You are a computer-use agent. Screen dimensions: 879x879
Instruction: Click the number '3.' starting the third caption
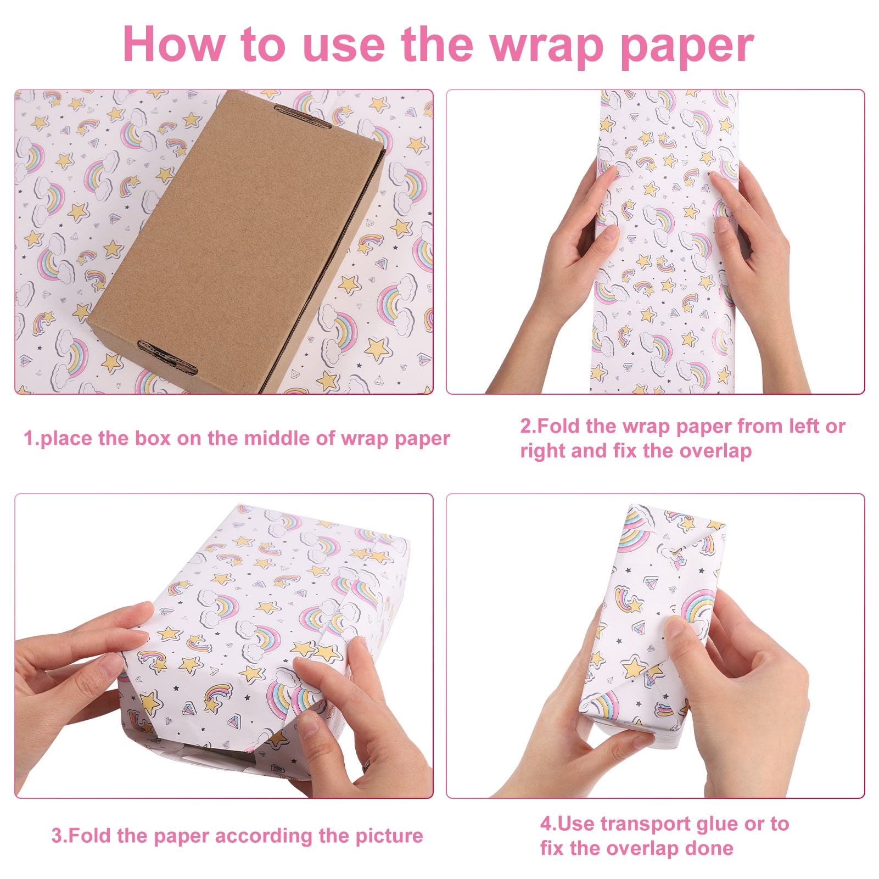click(x=59, y=836)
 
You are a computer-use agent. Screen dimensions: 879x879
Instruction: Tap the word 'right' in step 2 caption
click(x=544, y=451)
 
